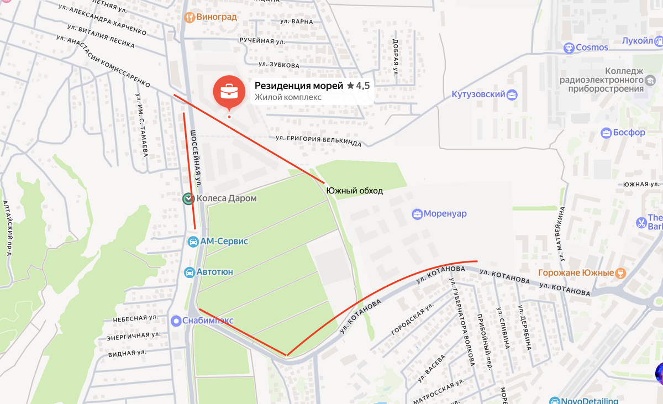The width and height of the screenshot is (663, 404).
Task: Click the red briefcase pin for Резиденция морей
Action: pyautogui.click(x=229, y=92)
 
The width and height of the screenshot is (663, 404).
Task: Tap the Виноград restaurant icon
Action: pyautogui.click(x=190, y=17)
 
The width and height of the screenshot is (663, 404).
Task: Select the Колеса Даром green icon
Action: pyautogui.click(x=188, y=198)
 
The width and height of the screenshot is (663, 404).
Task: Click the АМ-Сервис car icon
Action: pyautogui.click(x=193, y=242)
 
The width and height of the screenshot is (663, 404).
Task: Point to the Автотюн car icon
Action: pyautogui.click(x=188, y=272)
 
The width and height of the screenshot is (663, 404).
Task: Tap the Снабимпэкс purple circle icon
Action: pyautogui.click(x=176, y=321)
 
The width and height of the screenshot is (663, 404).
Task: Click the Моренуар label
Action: pyautogui.click(x=445, y=214)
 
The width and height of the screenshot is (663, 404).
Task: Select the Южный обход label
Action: pyautogui.click(x=354, y=191)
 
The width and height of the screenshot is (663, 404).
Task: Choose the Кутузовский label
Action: pyautogui.click(x=478, y=95)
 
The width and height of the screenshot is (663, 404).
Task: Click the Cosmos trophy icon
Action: pyautogui.click(x=569, y=48)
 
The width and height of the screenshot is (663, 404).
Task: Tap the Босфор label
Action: pyautogui.click(x=629, y=133)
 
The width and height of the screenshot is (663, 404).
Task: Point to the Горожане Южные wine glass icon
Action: pyautogui.click(x=620, y=273)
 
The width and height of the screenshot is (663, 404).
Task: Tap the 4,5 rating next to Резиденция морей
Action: pyautogui.click(x=362, y=86)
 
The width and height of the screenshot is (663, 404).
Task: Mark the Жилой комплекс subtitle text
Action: pyautogui.click(x=288, y=98)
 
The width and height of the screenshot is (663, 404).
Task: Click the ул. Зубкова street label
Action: pyautogui.click(x=279, y=65)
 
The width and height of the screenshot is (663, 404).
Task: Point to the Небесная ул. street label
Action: pyautogui.click(x=136, y=318)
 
